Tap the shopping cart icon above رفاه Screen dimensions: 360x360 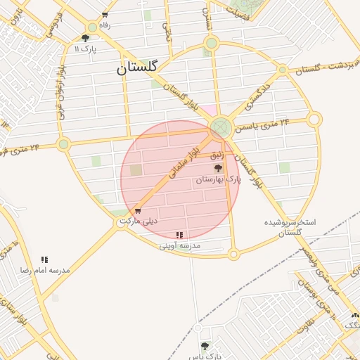point(105,15)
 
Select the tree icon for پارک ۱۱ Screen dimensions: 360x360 point(86,39)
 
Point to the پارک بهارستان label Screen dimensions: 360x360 point(218,180)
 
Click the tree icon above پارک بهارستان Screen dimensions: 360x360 point(218,169)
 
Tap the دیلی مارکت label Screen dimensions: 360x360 point(139,221)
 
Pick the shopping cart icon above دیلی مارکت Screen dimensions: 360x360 point(138,211)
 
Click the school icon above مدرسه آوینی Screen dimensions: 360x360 point(180,235)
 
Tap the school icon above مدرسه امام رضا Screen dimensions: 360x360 point(44,259)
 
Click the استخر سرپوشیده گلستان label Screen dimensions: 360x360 point(290,226)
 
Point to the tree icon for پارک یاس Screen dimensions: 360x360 point(205,346)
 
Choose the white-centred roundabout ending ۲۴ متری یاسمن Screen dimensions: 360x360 point(314,120)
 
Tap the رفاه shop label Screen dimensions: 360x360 point(105,25)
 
